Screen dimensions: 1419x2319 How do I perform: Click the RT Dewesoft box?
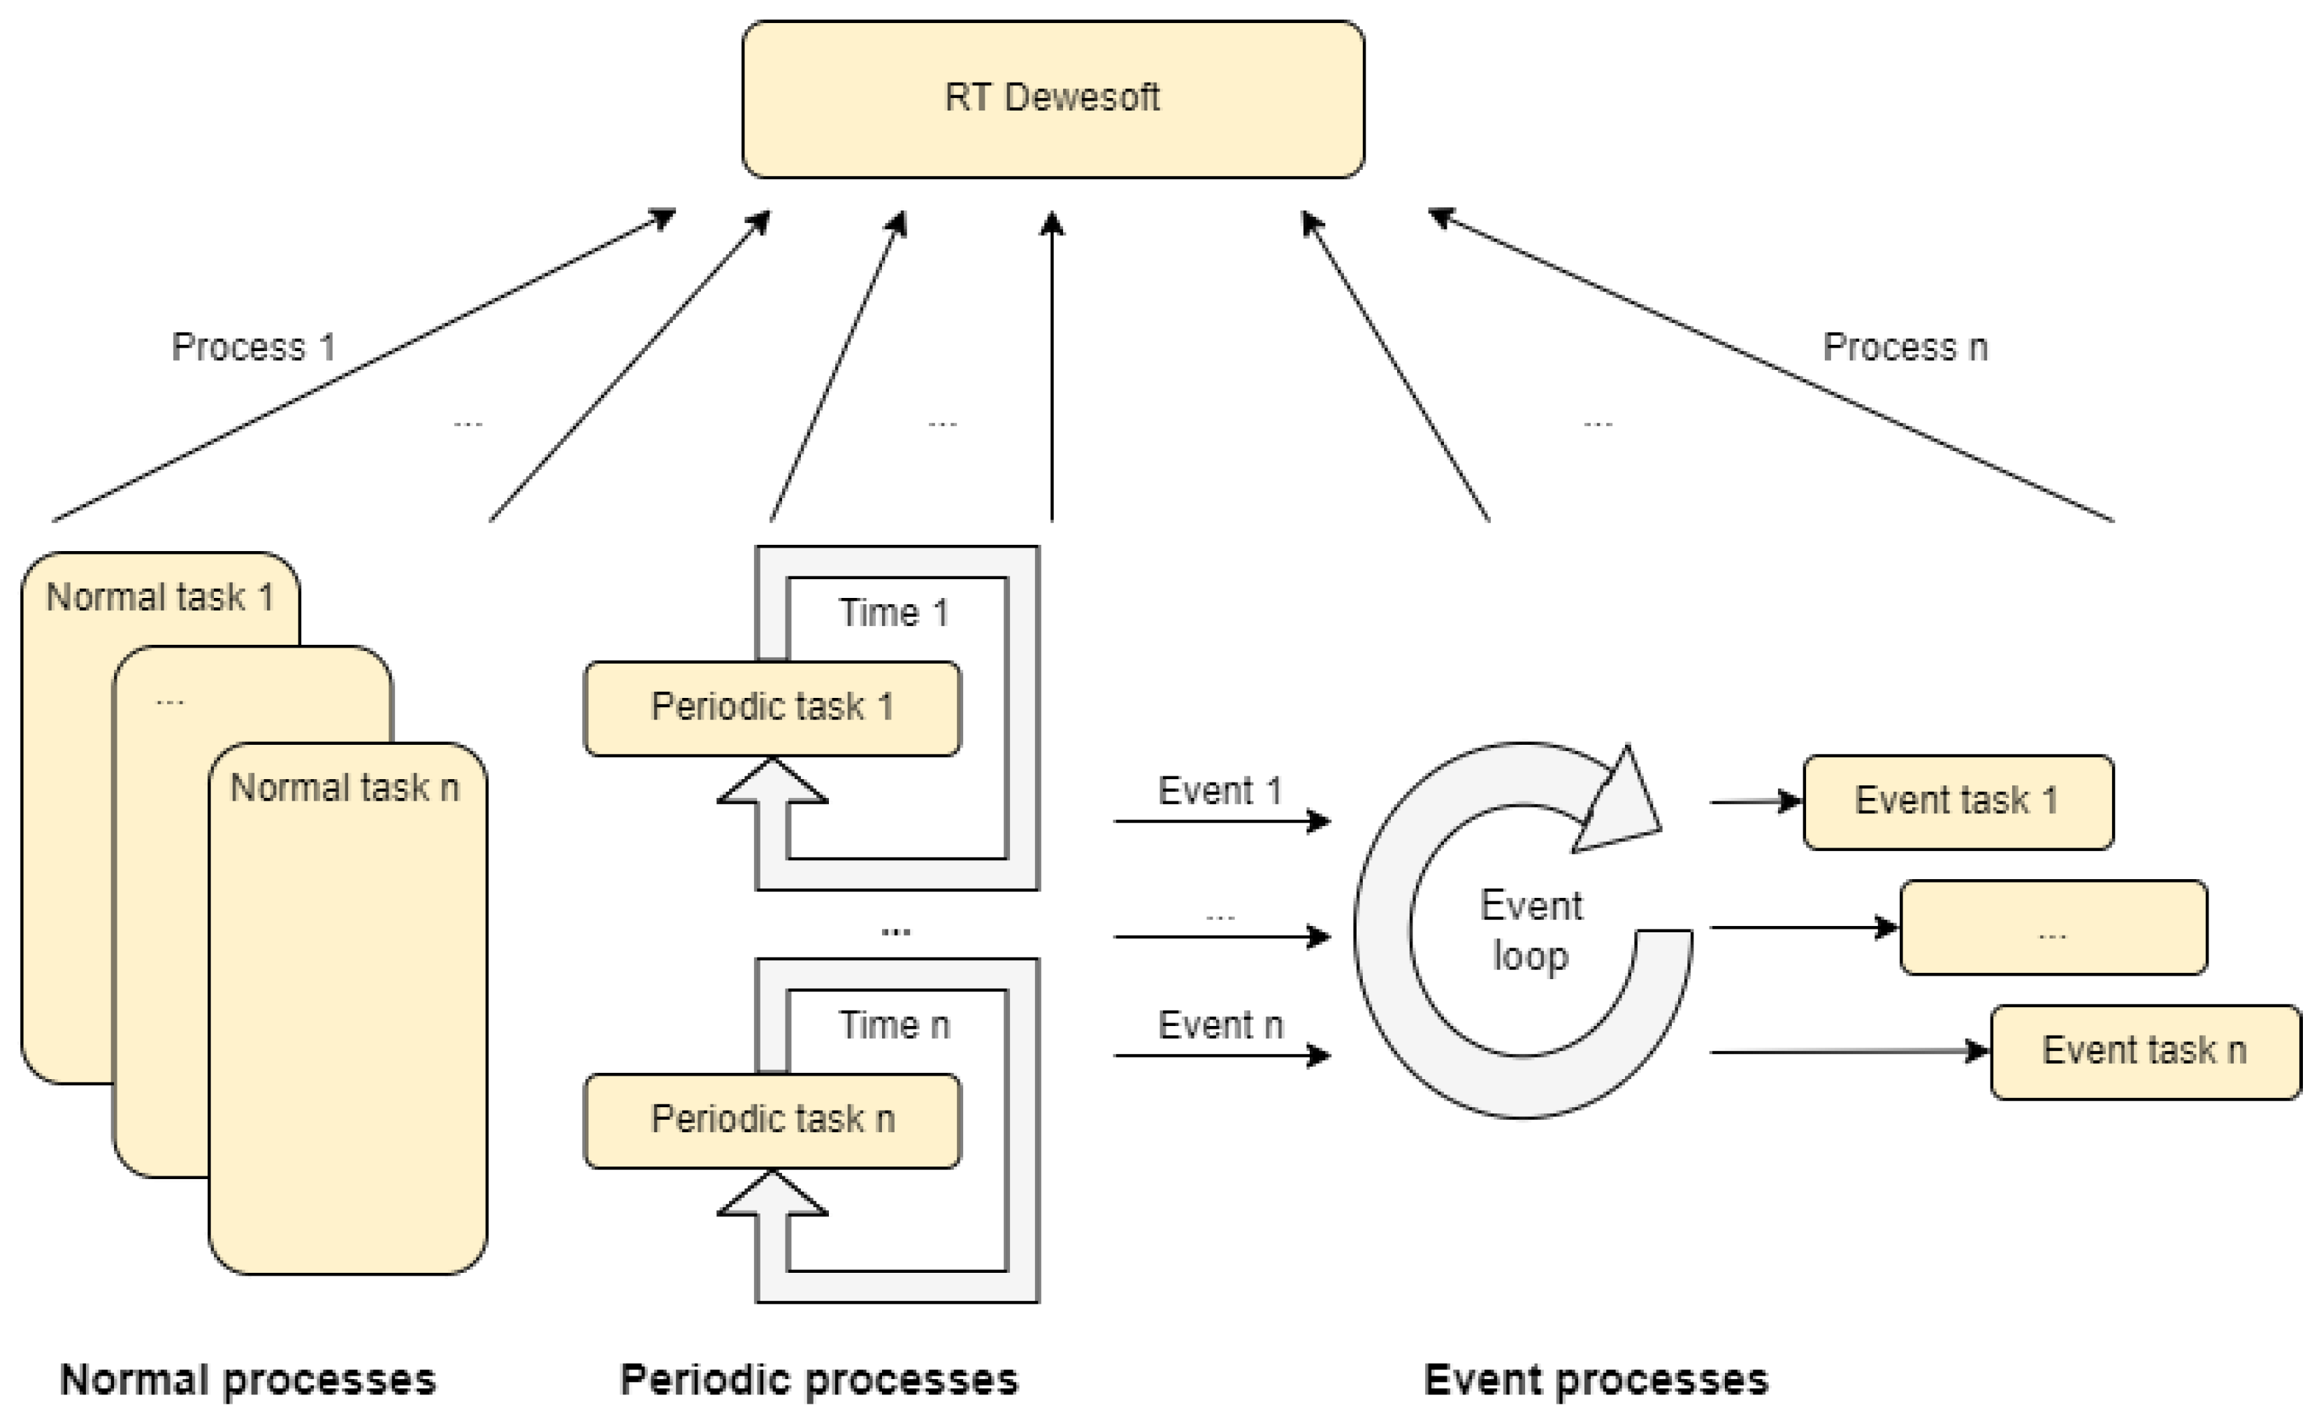pos(1052,99)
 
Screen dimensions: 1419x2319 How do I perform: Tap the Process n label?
pos(1905,348)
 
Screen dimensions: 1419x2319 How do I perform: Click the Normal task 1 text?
pos(160,598)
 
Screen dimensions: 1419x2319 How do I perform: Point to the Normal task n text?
pos(345,788)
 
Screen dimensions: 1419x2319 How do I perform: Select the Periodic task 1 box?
pos(772,708)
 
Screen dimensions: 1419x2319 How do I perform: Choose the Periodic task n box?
pos(772,1120)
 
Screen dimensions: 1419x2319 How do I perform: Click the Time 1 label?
pos(894,613)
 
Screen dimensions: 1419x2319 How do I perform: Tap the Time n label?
pos(894,1025)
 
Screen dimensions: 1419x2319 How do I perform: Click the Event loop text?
pos(1531,930)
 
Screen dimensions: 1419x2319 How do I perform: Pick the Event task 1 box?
pos(1958,801)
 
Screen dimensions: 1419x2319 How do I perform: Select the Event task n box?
pos(2145,1051)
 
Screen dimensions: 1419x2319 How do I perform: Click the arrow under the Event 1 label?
pos(1222,822)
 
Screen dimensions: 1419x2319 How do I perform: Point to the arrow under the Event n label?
pos(1222,1055)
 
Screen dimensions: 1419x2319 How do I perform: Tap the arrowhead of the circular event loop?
pos(1621,803)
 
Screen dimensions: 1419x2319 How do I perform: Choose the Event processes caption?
pos(1596,1381)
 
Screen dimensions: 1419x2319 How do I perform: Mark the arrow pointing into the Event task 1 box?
pos(1755,802)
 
